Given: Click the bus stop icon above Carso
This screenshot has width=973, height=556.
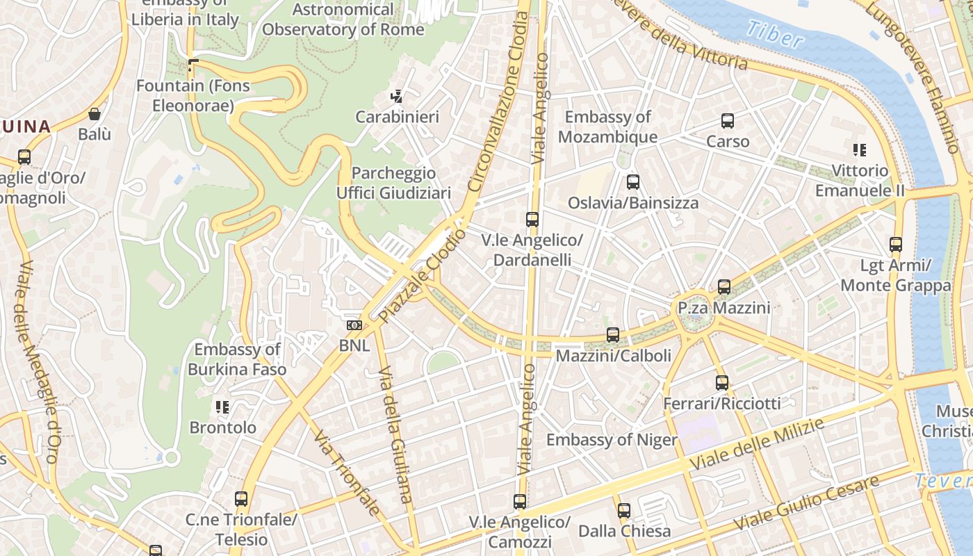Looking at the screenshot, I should pyautogui.click(x=728, y=121).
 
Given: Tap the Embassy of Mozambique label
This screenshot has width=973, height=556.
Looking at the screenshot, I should pyautogui.click(x=607, y=127).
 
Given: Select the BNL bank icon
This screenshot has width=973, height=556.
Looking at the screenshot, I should pyautogui.click(x=354, y=325).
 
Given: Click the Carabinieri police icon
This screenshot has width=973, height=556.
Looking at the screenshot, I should pyautogui.click(x=397, y=97).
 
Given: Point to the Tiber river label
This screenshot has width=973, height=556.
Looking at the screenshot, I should pyautogui.click(x=774, y=35).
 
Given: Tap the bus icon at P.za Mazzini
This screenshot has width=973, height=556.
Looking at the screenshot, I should pyautogui.click(x=723, y=287).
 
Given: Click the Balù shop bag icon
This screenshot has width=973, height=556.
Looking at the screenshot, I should pyautogui.click(x=95, y=114).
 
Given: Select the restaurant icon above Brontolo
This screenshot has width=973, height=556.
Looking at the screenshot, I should pyautogui.click(x=222, y=407).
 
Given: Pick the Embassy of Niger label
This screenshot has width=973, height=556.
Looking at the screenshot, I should pyautogui.click(x=612, y=440).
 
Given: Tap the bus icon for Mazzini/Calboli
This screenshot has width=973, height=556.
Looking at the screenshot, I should pyautogui.click(x=612, y=335).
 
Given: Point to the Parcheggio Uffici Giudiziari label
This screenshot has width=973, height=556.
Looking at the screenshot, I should pyautogui.click(x=394, y=183).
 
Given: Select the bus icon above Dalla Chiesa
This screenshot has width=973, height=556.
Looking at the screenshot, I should pyautogui.click(x=624, y=511).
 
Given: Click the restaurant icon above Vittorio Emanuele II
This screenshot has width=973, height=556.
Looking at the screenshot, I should pyautogui.click(x=860, y=150).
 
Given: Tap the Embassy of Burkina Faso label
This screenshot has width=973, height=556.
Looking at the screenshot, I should pyautogui.click(x=237, y=359).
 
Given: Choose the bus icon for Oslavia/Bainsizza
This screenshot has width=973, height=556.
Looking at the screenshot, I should pyautogui.click(x=632, y=183).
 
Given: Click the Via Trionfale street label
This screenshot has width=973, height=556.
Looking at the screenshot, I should pyautogui.click(x=346, y=473).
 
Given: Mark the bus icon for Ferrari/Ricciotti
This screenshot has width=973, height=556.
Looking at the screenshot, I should pyautogui.click(x=722, y=383).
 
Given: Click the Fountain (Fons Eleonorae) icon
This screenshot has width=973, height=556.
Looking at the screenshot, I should pyautogui.click(x=193, y=66).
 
